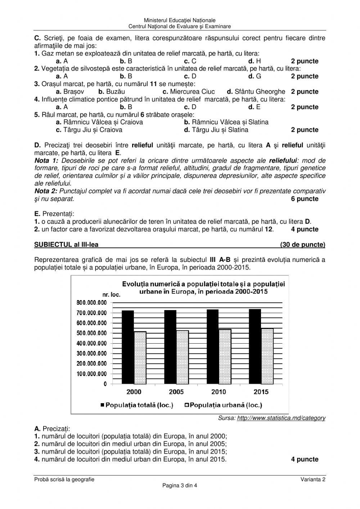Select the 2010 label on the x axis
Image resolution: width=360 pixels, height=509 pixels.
click(x=219, y=392)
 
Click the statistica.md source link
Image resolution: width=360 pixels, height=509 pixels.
click(x=281, y=418)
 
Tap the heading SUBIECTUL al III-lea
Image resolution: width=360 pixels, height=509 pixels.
click(x=66, y=245)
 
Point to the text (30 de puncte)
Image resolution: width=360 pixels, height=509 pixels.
click(x=302, y=245)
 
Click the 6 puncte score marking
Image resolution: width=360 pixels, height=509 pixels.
click(x=305, y=199)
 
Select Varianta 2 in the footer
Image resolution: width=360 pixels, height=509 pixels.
click(x=314, y=479)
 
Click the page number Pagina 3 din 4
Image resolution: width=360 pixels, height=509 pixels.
click(x=180, y=485)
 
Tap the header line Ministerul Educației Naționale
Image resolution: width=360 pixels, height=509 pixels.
click(x=180, y=21)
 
